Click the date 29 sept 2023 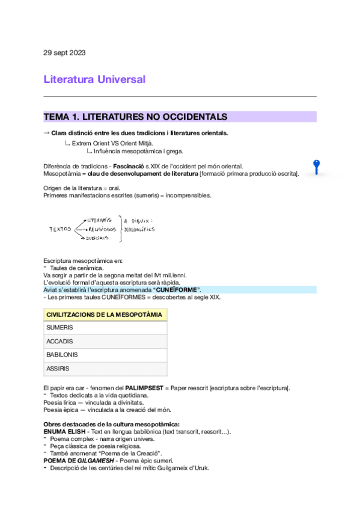pyautogui.click(x=64, y=53)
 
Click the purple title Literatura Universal pyautogui.click(x=94, y=79)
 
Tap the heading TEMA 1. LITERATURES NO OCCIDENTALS pyautogui.click(x=135, y=117)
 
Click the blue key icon pyautogui.click(x=316, y=167)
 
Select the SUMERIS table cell pyautogui.click(x=59, y=328)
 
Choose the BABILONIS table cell pyautogui.click(x=62, y=355)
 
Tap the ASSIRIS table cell pyautogui.click(x=58, y=368)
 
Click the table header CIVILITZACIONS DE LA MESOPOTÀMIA pyautogui.click(x=104, y=315)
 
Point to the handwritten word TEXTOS pyautogui.click(x=60, y=229)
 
